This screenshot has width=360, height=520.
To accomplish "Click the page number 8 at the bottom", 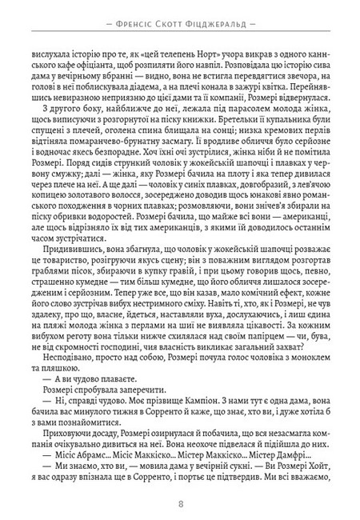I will coord(180,502).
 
